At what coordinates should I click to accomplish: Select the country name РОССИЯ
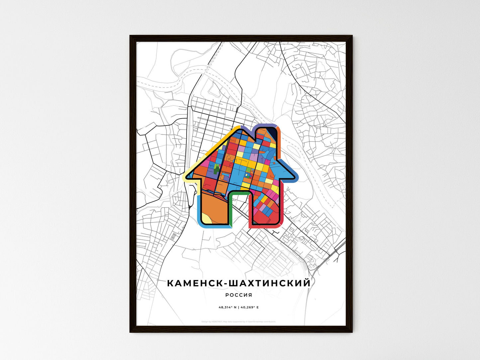239,295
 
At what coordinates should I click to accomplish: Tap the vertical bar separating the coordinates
239,308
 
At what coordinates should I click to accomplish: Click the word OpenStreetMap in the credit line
254,321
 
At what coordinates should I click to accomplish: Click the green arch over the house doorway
238,192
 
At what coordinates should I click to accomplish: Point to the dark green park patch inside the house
217,169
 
